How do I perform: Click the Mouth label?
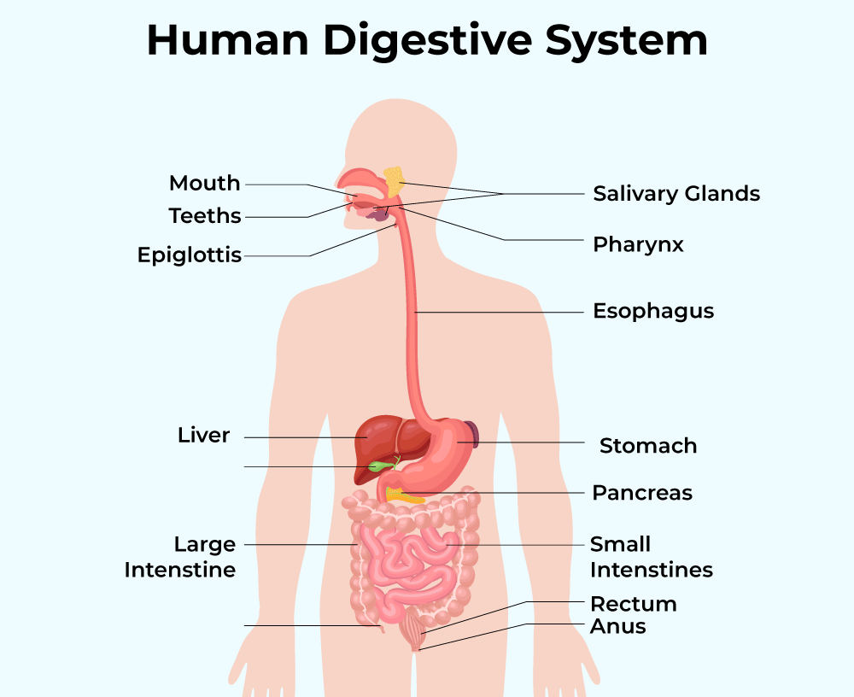[204, 184]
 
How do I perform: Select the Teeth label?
[205, 216]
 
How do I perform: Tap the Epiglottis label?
[190, 255]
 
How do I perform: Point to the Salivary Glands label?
[676, 194]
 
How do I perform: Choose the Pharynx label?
[639, 245]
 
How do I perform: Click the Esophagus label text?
[653, 311]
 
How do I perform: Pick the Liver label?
[203, 436]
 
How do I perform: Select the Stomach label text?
[648, 446]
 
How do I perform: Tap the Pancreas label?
[642, 493]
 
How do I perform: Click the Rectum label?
[634, 604]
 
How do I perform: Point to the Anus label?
[618, 627]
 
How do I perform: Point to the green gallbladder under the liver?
[377, 466]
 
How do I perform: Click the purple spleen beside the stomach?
[471, 435]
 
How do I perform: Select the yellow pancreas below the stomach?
[403, 495]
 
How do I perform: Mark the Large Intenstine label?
[179, 557]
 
